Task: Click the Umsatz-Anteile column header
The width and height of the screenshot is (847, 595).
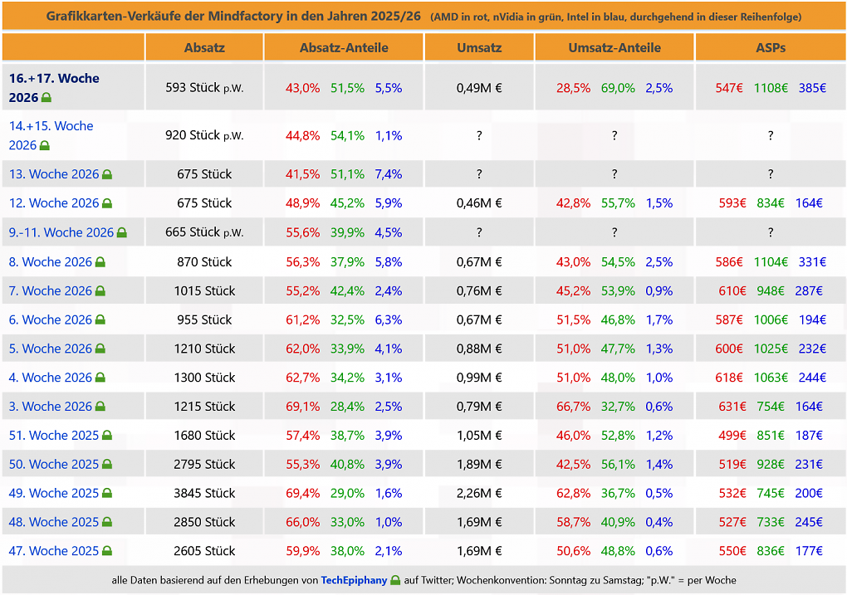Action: coord(614,47)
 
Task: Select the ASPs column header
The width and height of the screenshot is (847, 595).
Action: coord(771,47)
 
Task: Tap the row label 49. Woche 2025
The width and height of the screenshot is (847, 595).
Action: coord(53,493)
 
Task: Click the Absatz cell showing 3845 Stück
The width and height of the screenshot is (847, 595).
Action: coord(204,493)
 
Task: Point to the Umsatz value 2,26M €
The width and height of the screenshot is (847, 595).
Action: coord(479,493)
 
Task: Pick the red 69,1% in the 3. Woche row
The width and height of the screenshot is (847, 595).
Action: coord(302,406)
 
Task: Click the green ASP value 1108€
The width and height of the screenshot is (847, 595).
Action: coord(771,87)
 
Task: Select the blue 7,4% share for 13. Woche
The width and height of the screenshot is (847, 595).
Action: coord(389,174)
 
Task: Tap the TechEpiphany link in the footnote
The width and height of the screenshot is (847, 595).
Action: coord(354,580)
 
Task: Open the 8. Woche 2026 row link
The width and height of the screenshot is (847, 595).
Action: coord(50,262)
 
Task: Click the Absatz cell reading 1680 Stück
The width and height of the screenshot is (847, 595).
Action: coord(204,435)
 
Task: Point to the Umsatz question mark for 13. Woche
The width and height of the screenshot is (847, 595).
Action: coord(479,174)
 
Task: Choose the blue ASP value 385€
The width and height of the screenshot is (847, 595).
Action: coord(812,87)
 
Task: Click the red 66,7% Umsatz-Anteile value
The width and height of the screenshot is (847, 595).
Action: coord(573,406)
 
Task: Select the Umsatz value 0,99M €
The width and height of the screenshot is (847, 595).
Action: coord(479,378)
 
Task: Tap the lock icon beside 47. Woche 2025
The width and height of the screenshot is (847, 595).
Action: coord(107,551)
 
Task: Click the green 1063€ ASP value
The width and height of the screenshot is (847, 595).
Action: coord(771,378)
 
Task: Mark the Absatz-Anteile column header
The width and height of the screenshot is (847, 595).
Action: coord(344,47)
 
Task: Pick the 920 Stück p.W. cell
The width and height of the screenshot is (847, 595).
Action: coord(204,135)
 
